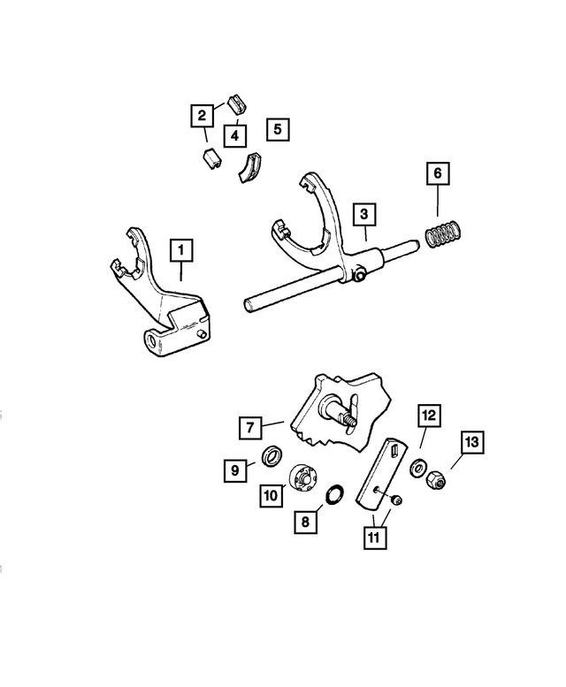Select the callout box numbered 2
click(x=202, y=114)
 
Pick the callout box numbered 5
click(x=277, y=129)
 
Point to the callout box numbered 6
click(x=436, y=173)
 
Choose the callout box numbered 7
click(x=250, y=428)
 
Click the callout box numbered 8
click(x=305, y=523)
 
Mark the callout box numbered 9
click(x=235, y=471)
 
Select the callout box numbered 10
click(x=272, y=494)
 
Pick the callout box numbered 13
click(x=470, y=443)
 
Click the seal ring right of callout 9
click(x=272, y=458)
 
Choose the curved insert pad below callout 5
click(x=250, y=167)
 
